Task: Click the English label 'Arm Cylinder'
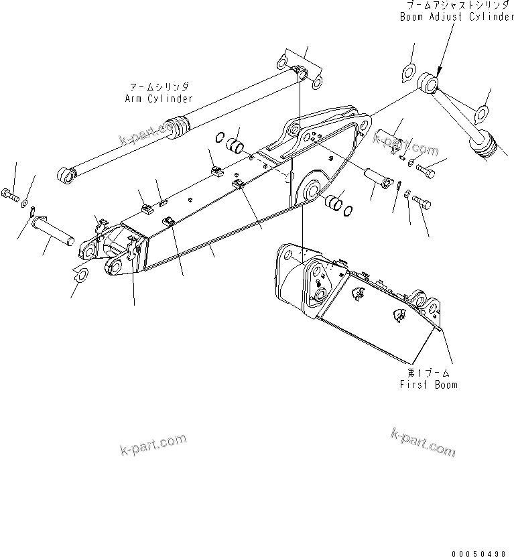[158, 99]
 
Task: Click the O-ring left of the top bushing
[220, 139]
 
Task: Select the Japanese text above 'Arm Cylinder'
[158, 87]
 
